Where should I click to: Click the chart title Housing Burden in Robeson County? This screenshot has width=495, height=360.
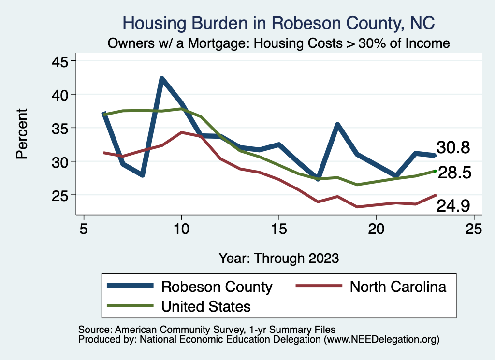click(279, 22)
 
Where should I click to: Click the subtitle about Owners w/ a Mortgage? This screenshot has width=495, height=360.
click(279, 43)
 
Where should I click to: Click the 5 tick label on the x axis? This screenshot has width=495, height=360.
click(84, 229)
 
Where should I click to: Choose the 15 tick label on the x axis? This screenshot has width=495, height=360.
click(278, 229)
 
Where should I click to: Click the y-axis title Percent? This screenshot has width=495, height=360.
click(22, 134)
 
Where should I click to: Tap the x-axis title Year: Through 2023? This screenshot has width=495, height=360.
click(279, 258)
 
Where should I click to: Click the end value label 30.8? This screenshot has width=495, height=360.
click(453, 148)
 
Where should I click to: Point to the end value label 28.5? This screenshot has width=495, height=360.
click(454, 173)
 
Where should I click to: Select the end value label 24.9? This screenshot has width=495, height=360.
click(453, 206)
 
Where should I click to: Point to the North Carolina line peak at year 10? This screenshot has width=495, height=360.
click(181, 132)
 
